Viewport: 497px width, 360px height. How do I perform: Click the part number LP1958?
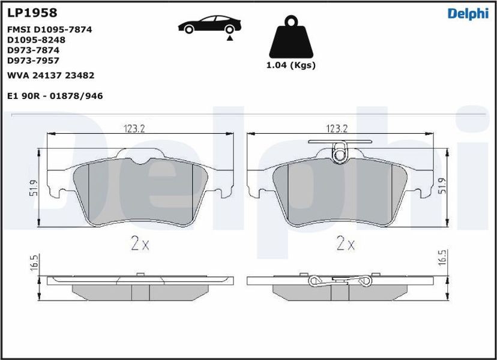pyautogui.click(x=32, y=13)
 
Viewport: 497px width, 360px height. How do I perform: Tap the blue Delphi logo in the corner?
pyautogui.click(x=468, y=14)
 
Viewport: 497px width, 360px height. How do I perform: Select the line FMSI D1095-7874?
pyautogui.click(x=49, y=29)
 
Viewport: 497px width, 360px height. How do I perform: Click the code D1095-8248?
pyautogui.click(x=36, y=40)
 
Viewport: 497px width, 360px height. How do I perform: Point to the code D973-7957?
pyautogui.click(x=33, y=61)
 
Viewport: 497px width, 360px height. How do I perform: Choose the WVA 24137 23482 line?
pyautogui.click(x=50, y=76)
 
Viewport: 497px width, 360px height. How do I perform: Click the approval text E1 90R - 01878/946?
pyautogui.click(x=55, y=96)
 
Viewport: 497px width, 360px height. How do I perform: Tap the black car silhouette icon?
pyautogui.click(x=209, y=25)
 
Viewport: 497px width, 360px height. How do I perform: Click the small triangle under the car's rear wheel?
pyautogui.click(x=230, y=38)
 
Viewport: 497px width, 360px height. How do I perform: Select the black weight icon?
pyautogui.click(x=291, y=37)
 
